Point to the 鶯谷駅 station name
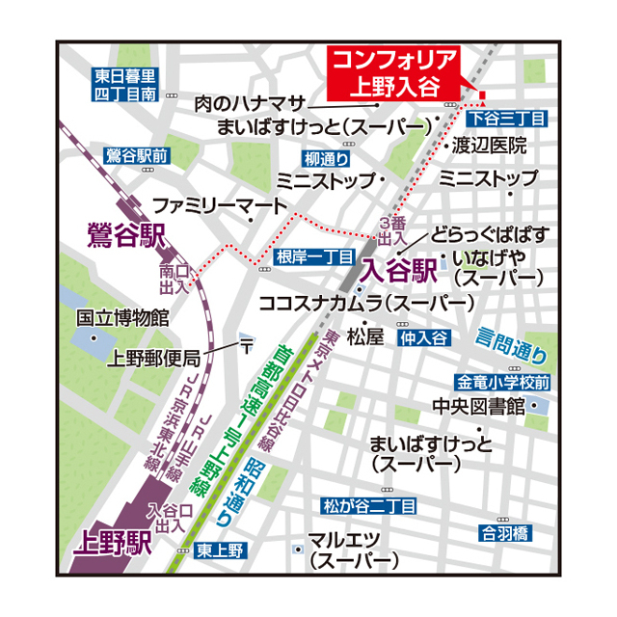point(125,234)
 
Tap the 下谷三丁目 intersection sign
point(507,118)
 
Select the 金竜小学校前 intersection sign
point(504,382)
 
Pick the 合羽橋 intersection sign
point(505,531)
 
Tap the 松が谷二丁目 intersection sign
point(369,505)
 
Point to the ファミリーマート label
point(220,205)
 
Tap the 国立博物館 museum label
point(122,316)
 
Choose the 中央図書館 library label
point(477,405)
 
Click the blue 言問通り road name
point(512,340)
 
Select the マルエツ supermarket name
point(343,540)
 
